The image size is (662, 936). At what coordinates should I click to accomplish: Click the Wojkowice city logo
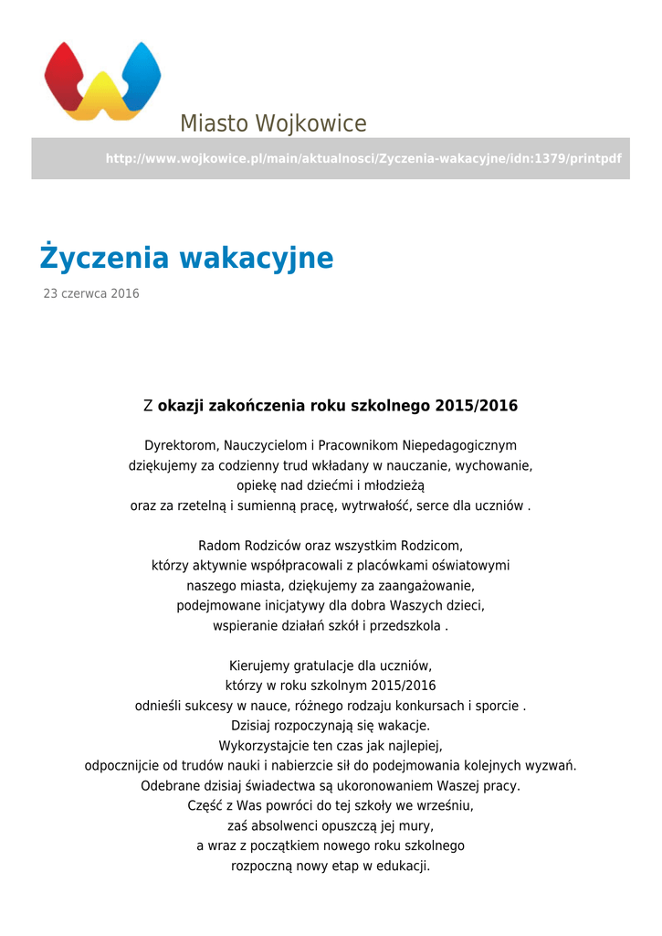click(102, 80)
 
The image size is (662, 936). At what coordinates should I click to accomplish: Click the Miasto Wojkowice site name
click(273, 123)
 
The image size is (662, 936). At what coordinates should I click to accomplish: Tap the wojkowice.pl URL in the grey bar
click(363, 159)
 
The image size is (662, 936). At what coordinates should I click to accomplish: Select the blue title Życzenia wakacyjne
click(186, 259)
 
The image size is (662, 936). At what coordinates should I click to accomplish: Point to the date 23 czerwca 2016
click(91, 294)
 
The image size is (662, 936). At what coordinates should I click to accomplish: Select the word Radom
click(217, 546)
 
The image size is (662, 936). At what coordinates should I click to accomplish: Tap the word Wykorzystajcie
click(260, 746)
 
